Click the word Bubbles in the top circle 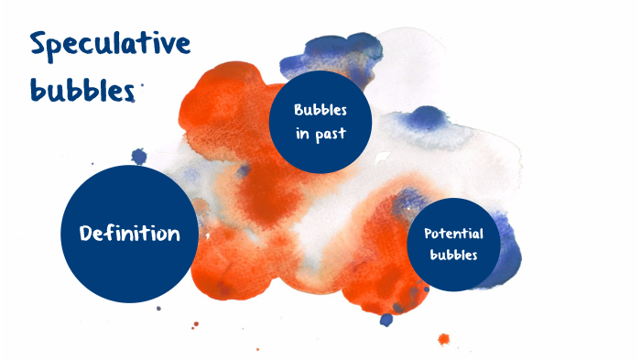(x=320, y=110)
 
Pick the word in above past (x=303, y=132)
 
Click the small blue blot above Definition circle (x=138, y=157)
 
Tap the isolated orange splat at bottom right (x=444, y=340)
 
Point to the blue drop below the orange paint (x=386, y=320)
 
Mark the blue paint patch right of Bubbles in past (x=422, y=118)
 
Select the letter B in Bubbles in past (x=299, y=110)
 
